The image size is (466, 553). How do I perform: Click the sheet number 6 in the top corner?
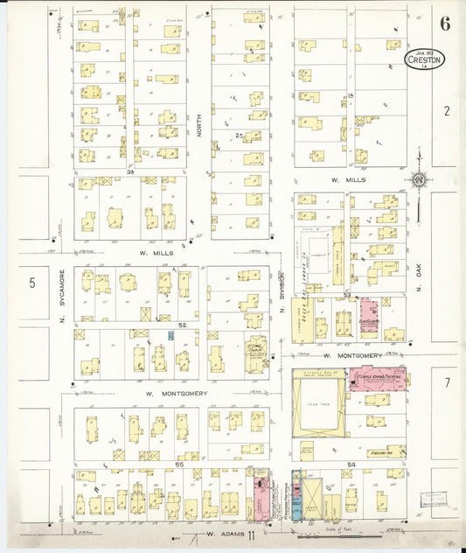click(x=445, y=24)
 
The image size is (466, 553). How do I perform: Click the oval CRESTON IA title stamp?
click(x=425, y=59)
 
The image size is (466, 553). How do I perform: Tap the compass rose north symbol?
click(x=419, y=181)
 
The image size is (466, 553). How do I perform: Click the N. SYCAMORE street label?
click(x=63, y=293)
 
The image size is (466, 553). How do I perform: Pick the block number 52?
click(x=183, y=325)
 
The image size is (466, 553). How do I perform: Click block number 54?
click(x=351, y=463)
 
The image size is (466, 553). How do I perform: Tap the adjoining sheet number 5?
click(x=31, y=282)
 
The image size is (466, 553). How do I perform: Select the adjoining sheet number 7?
click(x=445, y=382)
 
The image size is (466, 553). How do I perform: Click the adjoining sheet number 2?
click(x=445, y=110)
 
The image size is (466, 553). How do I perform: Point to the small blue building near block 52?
click(x=170, y=336)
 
